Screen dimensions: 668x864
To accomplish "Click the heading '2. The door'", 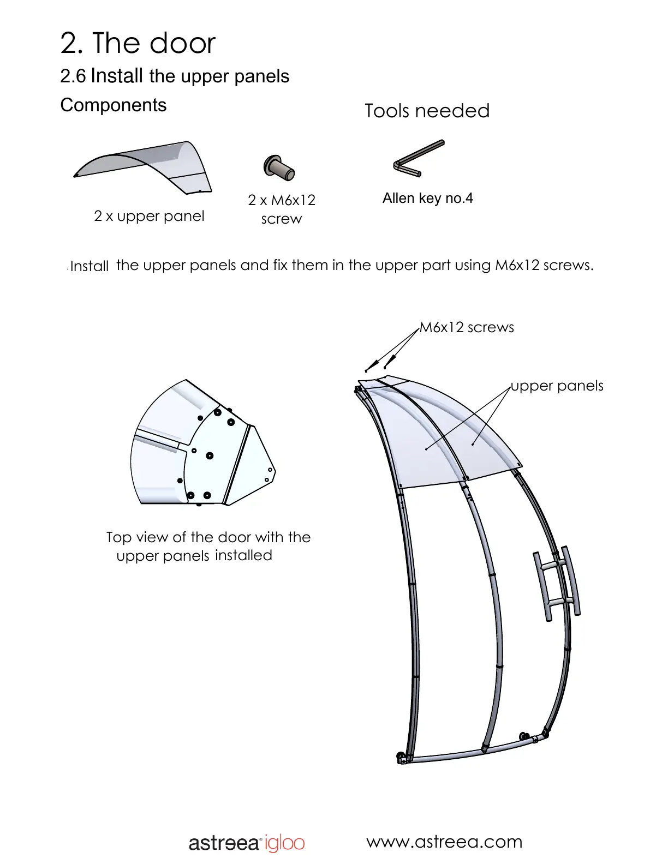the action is click(138, 43).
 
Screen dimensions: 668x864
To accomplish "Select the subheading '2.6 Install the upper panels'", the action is click(175, 76).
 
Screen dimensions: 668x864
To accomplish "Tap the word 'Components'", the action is click(114, 105).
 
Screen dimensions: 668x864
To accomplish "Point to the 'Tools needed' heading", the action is click(427, 111).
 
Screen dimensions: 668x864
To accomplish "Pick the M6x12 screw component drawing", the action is click(279, 167).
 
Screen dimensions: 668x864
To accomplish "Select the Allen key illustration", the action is click(419, 159).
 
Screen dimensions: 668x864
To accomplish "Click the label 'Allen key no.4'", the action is click(427, 198).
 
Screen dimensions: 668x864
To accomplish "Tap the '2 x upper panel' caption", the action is click(149, 216).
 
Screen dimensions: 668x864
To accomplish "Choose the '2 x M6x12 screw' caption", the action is click(282, 209).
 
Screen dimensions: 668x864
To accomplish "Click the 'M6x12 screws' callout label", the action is click(467, 327).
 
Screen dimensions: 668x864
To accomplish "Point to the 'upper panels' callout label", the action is click(557, 386).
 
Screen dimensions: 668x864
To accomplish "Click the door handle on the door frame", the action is click(557, 584).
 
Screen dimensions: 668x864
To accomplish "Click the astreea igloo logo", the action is click(247, 843).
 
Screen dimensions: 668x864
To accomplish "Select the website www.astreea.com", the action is click(444, 842).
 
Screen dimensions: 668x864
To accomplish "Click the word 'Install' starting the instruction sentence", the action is click(90, 266).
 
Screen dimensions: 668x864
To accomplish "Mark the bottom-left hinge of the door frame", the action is click(402, 758).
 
